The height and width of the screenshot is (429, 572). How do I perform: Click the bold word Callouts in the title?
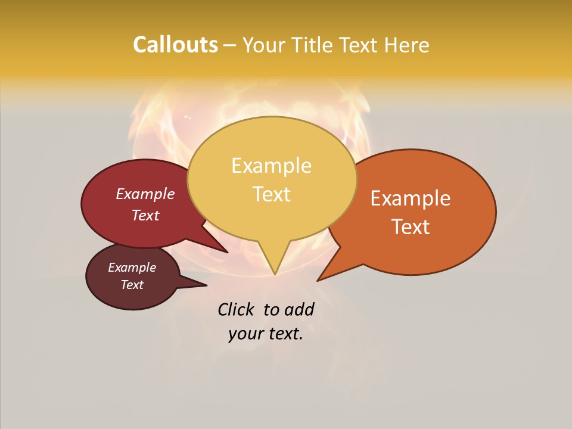tap(175, 45)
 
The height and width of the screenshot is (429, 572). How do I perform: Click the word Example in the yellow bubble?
tap(271, 166)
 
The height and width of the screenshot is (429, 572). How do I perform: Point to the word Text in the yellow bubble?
tap(271, 194)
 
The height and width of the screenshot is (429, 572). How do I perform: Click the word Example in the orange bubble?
tap(411, 198)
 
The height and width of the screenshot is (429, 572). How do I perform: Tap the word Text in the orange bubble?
tap(411, 227)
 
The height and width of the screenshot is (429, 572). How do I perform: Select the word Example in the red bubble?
tap(145, 194)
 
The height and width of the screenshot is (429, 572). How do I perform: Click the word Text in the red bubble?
tap(145, 216)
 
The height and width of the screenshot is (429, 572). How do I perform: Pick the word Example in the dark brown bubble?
tap(132, 268)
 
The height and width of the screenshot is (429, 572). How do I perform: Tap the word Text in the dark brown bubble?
tap(132, 285)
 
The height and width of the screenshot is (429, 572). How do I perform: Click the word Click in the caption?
tap(236, 310)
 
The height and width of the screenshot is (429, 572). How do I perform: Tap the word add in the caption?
tap(299, 310)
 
